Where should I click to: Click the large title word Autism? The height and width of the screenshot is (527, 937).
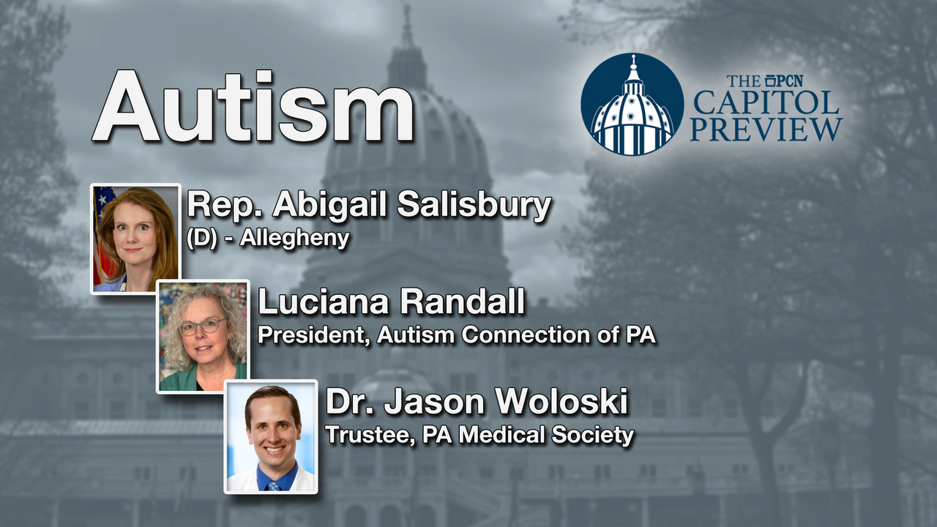(253, 106)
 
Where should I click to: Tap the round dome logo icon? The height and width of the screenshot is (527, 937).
(632, 104)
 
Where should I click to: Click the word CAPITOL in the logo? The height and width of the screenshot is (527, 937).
(766, 102)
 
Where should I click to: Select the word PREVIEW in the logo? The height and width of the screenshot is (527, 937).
(766, 130)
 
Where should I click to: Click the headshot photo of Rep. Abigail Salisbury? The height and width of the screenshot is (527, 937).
(135, 239)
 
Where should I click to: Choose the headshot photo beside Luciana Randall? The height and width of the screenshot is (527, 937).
(204, 337)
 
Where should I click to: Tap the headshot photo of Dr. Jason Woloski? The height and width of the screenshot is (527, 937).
(271, 437)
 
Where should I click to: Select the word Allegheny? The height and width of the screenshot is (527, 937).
(294, 239)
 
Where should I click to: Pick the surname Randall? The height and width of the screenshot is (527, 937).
(463, 302)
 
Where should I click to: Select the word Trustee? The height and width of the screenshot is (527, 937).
(370, 435)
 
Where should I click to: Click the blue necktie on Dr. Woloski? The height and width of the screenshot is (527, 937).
(274, 486)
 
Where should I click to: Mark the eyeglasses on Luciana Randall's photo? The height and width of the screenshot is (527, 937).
(204, 326)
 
